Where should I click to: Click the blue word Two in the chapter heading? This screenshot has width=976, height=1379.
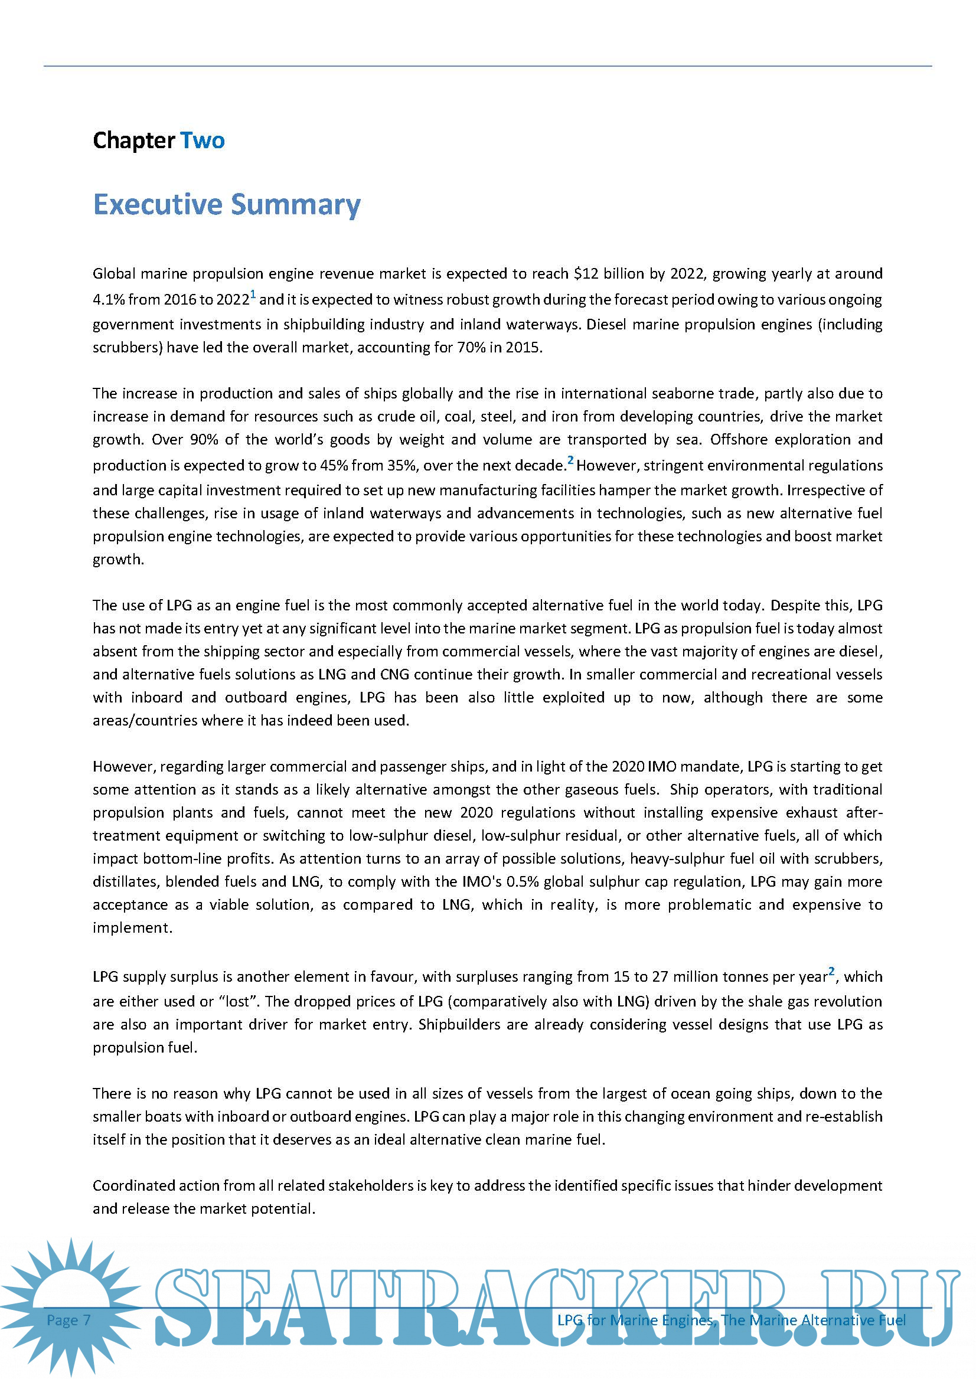(x=203, y=140)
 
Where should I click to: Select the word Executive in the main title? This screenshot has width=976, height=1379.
(x=158, y=205)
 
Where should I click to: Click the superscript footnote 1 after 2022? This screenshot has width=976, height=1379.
(x=253, y=295)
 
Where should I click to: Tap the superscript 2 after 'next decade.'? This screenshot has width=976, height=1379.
(x=571, y=460)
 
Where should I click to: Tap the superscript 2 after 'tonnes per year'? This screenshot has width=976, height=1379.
(x=832, y=972)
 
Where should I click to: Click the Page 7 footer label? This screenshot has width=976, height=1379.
(x=68, y=1320)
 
